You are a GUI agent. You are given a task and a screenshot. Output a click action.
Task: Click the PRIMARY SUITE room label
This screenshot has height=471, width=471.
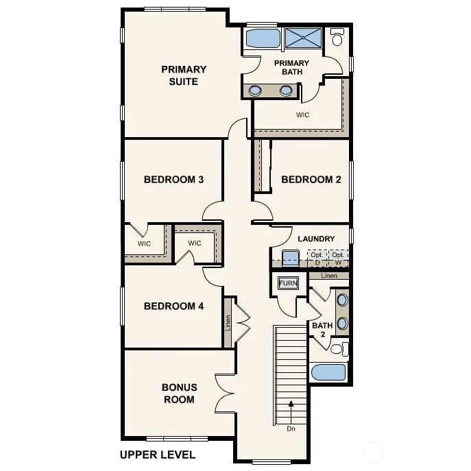coord(184,75)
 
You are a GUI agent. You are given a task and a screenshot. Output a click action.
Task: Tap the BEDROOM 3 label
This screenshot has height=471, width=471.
coord(173,180)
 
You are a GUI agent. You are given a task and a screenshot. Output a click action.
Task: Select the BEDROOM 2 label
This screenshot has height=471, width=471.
coord(311,180)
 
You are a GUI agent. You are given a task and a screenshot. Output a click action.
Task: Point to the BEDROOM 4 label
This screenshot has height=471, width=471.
coord(173,306)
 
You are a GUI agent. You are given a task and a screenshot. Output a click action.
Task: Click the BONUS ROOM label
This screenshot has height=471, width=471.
coord(179,393)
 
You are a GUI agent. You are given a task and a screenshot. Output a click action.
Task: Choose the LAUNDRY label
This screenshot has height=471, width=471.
coord(316,239)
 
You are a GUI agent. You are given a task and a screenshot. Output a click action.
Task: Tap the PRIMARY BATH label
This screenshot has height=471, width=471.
coord(291,68)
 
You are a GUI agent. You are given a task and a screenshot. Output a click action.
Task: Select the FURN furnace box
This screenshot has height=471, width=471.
coord(287,283)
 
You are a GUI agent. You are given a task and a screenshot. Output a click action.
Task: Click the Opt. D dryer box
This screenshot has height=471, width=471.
coord(317,258)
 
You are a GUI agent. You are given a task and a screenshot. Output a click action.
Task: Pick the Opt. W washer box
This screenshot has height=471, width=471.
coord(338,258)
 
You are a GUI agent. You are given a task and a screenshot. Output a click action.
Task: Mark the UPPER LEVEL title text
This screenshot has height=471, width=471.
coord(157,454)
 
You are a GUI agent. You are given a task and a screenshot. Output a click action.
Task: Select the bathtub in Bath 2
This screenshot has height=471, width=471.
coord(328,372)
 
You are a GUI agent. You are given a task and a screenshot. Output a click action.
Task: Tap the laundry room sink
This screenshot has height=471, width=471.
coord(291,258)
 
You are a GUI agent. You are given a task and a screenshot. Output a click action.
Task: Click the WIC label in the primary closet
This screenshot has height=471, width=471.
coord(302,114)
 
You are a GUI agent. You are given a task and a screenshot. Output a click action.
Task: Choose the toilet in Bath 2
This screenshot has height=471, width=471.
coord(337,349)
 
